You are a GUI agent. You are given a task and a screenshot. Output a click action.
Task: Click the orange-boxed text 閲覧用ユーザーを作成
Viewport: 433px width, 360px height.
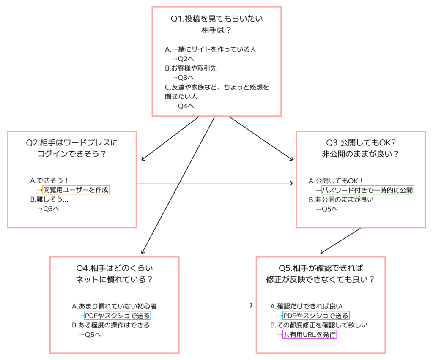point(76,190)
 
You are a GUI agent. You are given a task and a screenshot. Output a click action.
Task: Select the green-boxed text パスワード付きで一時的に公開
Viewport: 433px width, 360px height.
point(367,190)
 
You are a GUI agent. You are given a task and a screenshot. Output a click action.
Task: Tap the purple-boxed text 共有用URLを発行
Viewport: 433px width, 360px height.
point(310,335)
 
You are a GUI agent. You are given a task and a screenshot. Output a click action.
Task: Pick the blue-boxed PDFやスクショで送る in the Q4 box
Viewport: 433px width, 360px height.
point(117,315)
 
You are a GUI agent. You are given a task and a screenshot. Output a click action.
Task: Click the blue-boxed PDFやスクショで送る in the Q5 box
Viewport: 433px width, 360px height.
point(316,315)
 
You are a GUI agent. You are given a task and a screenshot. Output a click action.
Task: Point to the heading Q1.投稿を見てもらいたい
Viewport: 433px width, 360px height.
point(216,19)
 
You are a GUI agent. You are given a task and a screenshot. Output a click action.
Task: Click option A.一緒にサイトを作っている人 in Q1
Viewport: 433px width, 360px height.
point(211,49)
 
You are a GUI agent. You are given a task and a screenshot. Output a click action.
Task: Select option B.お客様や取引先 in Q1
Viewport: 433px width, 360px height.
point(191,68)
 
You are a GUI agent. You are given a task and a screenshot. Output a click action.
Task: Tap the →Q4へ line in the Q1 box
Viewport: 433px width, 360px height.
point(183,106)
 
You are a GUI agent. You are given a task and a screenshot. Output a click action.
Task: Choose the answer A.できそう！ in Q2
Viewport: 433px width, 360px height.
point(49,180)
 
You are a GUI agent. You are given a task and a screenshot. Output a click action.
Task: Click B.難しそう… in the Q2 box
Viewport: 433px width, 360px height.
point(49,199)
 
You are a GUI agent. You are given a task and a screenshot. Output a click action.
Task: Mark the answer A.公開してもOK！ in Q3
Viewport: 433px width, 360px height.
point(337,180)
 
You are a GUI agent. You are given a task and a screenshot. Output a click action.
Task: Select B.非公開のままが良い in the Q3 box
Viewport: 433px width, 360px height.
point(341,199)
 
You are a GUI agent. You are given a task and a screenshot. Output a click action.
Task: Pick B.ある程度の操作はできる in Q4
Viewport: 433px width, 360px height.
point(111,325)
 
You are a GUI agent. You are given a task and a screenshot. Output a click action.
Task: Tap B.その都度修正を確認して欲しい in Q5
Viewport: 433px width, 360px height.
point(319,325)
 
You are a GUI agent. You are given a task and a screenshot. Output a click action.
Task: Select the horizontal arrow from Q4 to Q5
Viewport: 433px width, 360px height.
point(216,305)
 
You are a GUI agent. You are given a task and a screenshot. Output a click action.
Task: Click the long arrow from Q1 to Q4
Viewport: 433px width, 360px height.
point(178,186)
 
